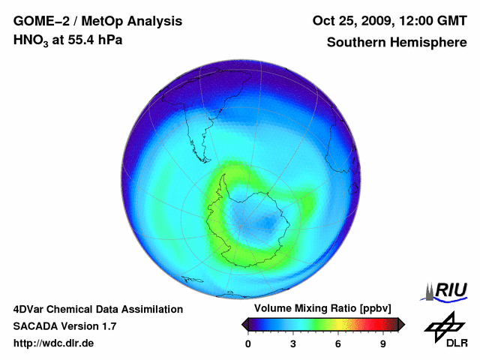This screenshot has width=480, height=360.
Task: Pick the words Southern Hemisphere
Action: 396,43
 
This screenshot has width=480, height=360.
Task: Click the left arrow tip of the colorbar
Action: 243,324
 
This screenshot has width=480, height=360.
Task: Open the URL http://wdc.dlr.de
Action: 54,343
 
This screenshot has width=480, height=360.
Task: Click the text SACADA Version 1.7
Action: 65,326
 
